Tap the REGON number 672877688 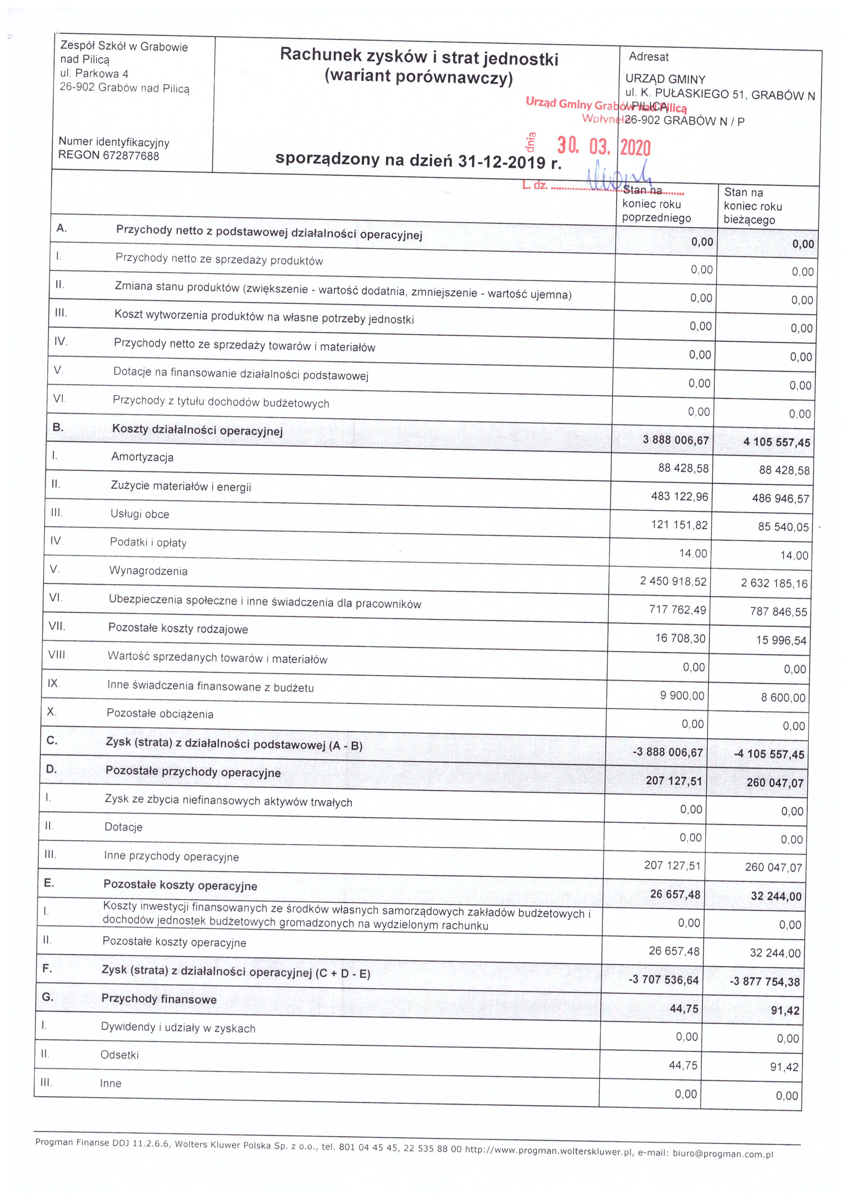131,156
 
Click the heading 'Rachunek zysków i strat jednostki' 419,57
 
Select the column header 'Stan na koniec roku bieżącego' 753,206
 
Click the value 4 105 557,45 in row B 776,442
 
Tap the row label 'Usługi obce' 140,514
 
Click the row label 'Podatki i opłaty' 148,542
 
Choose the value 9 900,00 682,696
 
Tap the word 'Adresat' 649,57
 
